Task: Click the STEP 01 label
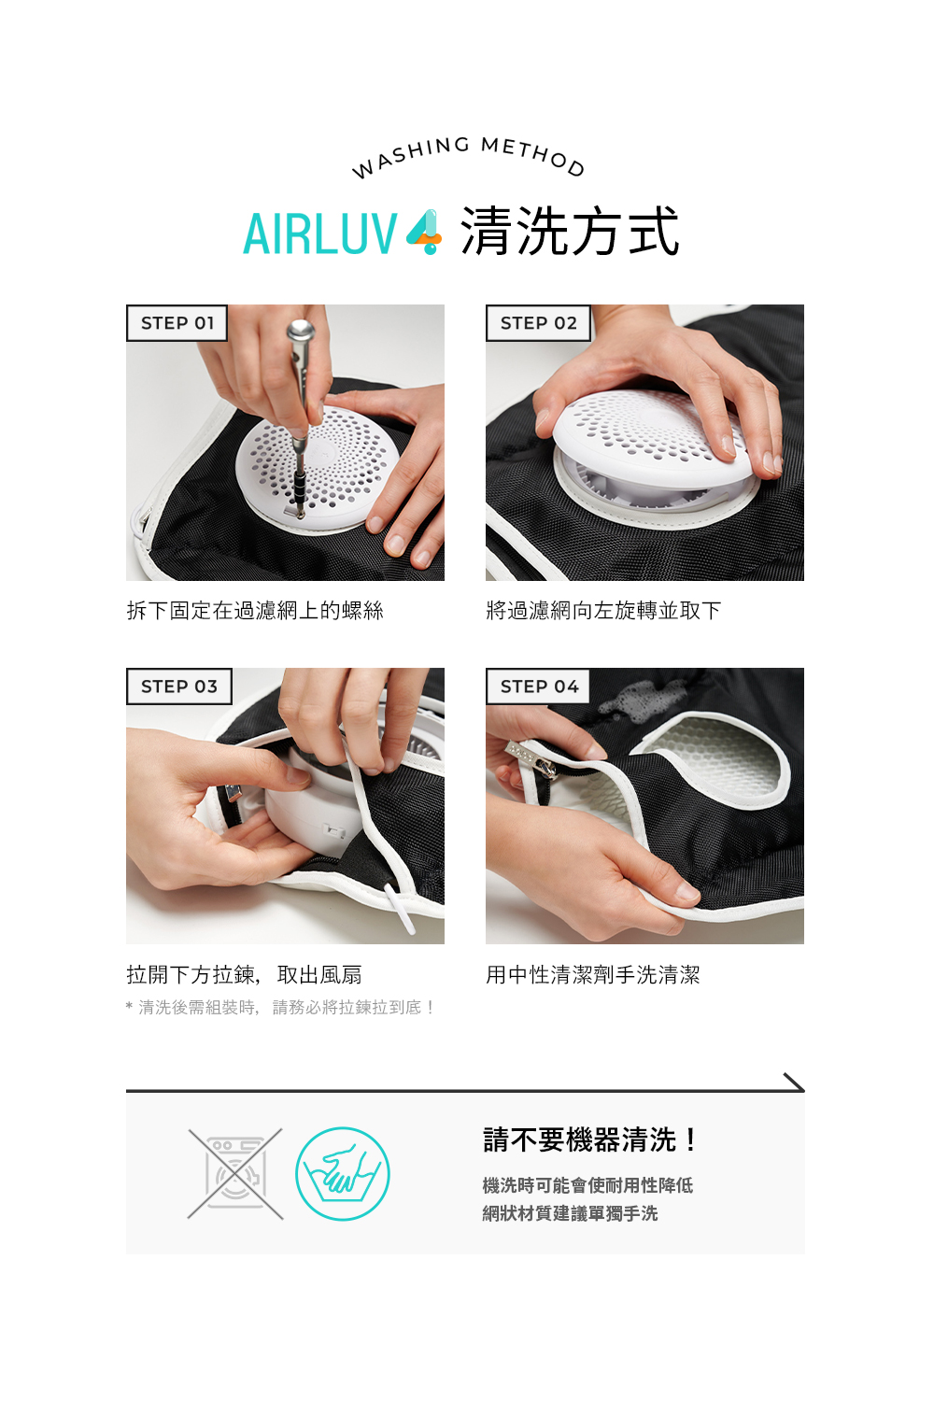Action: point(177,323)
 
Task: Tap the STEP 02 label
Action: point(538,323)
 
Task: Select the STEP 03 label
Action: point(178,686)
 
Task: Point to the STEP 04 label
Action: point(539,686)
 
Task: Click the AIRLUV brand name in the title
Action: point(320,233)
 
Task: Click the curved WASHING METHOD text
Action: point(467,154)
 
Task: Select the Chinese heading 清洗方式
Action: point(570,233)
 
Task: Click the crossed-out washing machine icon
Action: point(235,1174)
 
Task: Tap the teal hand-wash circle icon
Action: point(343,1174)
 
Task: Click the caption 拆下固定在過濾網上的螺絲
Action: point(255,611)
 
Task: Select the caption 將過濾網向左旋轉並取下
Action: point(603,611)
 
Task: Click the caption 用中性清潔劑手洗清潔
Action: point(592,975)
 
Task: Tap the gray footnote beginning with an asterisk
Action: point(280,1008)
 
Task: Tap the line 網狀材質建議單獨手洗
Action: point(570,1213)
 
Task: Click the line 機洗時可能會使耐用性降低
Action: point(587,1185)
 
